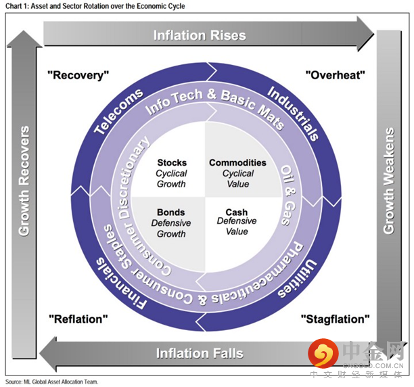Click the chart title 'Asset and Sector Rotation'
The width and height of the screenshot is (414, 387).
pyautogui.click(x=94, y=6)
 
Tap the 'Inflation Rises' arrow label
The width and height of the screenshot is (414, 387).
pyautogui.click(x=199, y=35)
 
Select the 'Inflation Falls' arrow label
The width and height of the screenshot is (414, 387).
pyautogui.click(x=199, y=353)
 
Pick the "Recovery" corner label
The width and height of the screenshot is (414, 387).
pyautogui.click(x=78, y=75)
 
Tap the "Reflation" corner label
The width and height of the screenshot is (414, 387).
pyautogui.click(x=78, y=318)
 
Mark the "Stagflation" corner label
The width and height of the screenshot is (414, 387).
pyautogui.click(x=336, y=318)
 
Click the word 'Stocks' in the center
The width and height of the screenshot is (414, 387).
pyautogui.click(x=172, y=162)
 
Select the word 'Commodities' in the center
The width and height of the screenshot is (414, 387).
pyautogui.click(x=237, y=162)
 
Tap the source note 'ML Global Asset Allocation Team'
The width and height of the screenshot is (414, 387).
pyautogui.click(x=57, y=382)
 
